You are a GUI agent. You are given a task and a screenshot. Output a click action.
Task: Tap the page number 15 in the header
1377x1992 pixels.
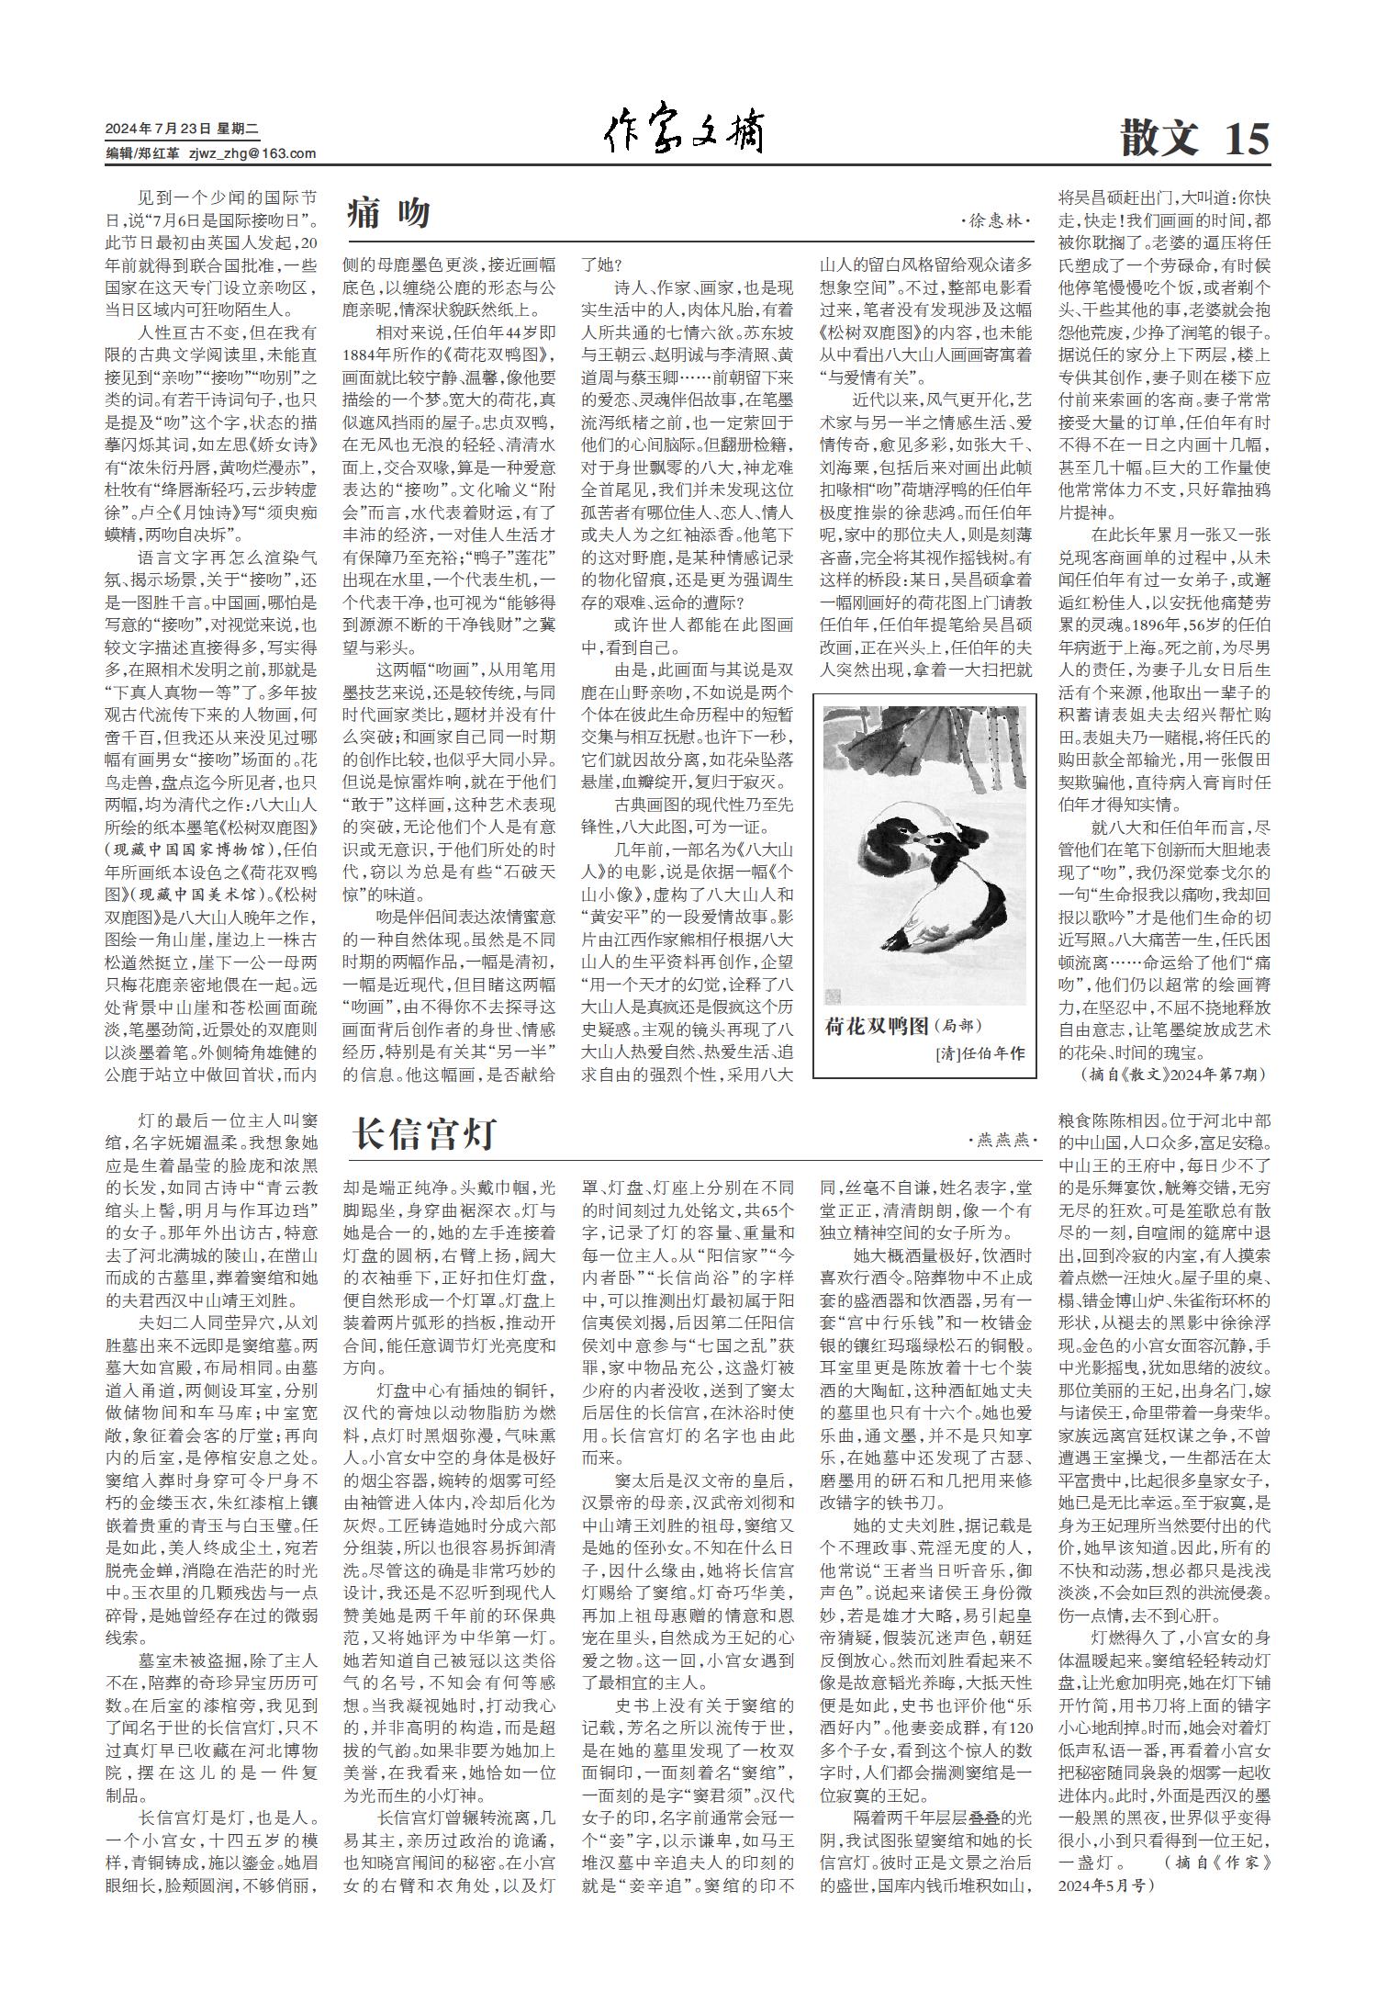click(1246, 139)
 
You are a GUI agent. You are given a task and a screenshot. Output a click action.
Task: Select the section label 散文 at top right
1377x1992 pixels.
click(1159, 139)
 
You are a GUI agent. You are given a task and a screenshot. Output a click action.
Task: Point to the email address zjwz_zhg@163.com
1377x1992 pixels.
click(252, 153)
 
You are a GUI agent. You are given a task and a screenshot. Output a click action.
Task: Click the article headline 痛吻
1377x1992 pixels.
click(388, 214)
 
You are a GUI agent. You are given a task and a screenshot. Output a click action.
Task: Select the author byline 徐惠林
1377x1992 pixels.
click(996, 222)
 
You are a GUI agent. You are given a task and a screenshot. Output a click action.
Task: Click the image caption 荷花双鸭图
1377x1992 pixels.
click(877, 1025)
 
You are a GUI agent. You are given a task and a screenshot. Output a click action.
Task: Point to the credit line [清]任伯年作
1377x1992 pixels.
click(979, 1053)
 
